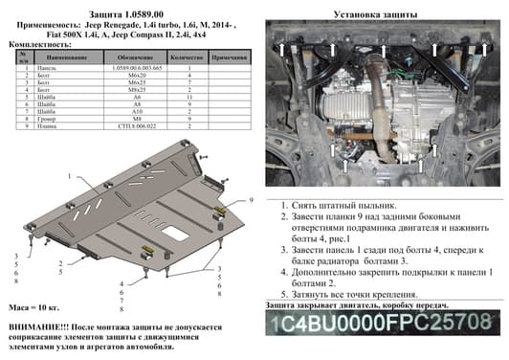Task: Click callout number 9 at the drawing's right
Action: pyautogui.click(x=250, y=200)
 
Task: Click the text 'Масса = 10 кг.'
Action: pyautogui.click(x=35, y=307)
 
